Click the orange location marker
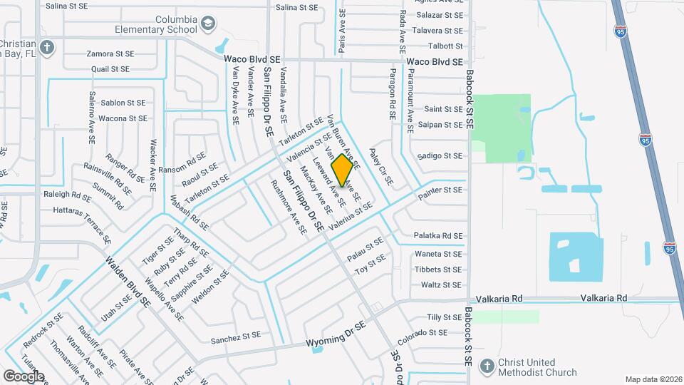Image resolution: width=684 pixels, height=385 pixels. (343, 170)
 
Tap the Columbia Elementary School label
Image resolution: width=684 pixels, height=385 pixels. (157, 25)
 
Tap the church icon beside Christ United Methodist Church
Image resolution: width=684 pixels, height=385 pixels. (487, 366)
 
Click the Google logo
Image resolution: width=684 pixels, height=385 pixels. (24, 376)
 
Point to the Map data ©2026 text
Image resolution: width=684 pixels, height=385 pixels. (653, 379)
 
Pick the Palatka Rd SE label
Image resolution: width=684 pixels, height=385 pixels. (437, 236)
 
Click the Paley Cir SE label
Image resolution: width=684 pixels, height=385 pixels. (381, 167)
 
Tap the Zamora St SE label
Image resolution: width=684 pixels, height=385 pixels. (110, 53)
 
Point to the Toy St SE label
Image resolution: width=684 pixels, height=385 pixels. (370, 269)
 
